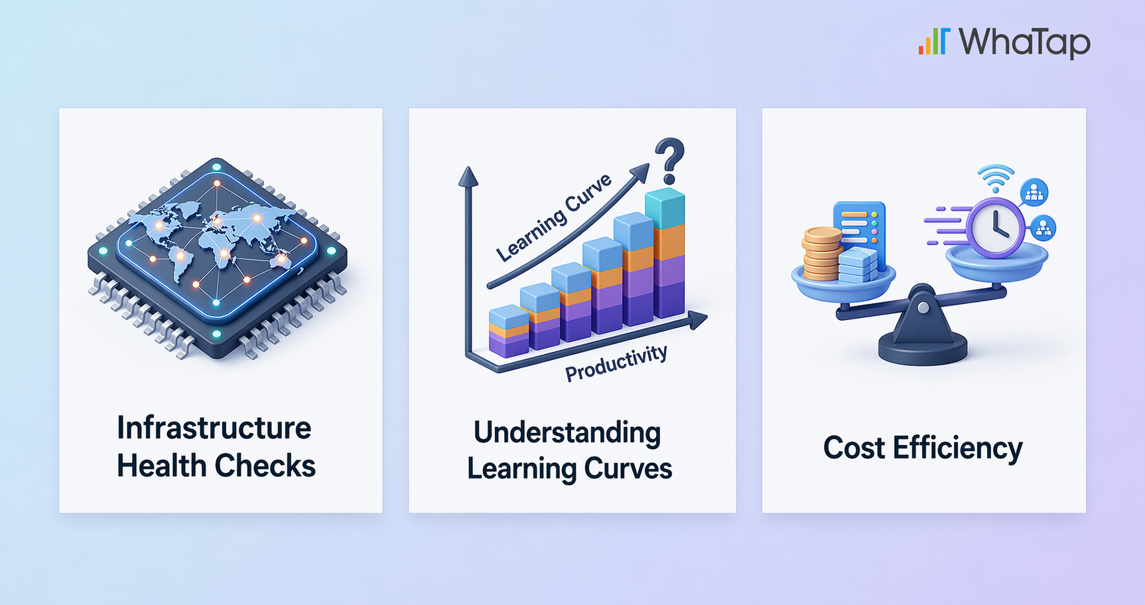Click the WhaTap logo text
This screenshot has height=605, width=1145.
point(1024,43)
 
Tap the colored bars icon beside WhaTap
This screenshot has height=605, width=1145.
point(934,41)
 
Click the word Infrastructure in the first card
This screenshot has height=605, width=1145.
point(214,428)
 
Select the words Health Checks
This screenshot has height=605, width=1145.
point(216,466)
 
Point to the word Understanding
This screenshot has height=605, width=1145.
point(567,433)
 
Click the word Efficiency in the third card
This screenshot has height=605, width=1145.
point(957,448)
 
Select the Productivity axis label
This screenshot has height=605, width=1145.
point(616,363)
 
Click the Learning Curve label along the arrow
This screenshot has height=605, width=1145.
point(554,217)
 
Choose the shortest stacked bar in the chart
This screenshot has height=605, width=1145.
point(509,331)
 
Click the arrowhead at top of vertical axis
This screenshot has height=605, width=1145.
point(468,177)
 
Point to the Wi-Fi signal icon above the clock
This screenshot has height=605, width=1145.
point(996,178)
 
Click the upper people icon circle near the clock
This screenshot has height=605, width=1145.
point(1034,193)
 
